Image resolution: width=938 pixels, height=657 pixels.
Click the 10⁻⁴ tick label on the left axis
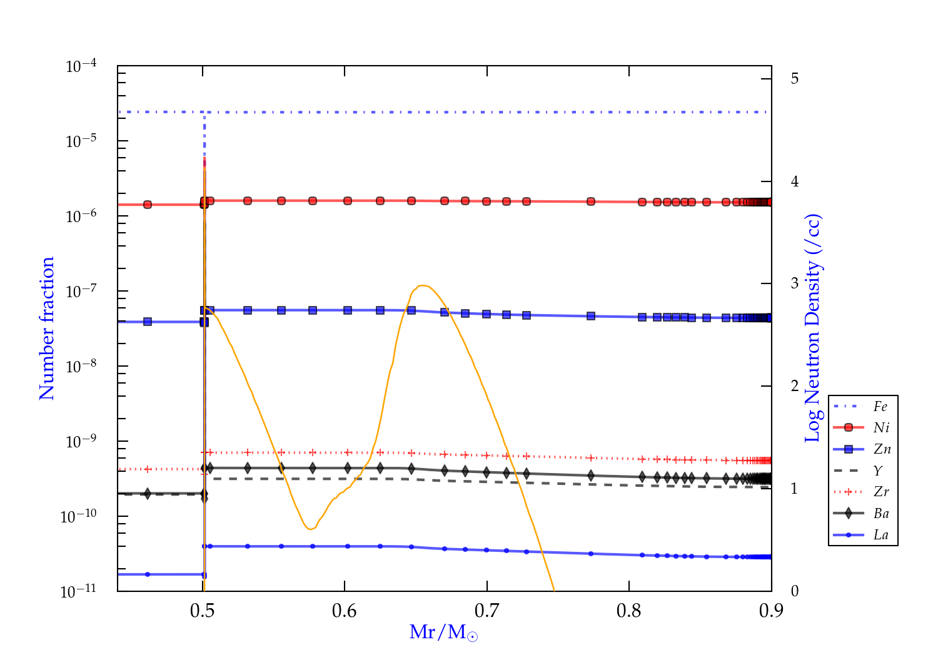point(81,66)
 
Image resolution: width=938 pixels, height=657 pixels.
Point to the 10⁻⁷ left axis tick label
point(81,291)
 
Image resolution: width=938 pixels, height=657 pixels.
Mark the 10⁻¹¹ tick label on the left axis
point(79,591)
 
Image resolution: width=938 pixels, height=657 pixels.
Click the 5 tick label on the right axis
point(795,79)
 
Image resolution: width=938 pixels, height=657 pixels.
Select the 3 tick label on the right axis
point(795,283)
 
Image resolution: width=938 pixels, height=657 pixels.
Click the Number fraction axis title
point(48,328)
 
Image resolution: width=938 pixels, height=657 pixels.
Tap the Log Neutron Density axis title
point(813,328)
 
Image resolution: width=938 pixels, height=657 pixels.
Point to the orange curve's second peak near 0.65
point(423,286)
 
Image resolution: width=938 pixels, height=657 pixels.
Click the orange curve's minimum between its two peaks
point(310,529)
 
